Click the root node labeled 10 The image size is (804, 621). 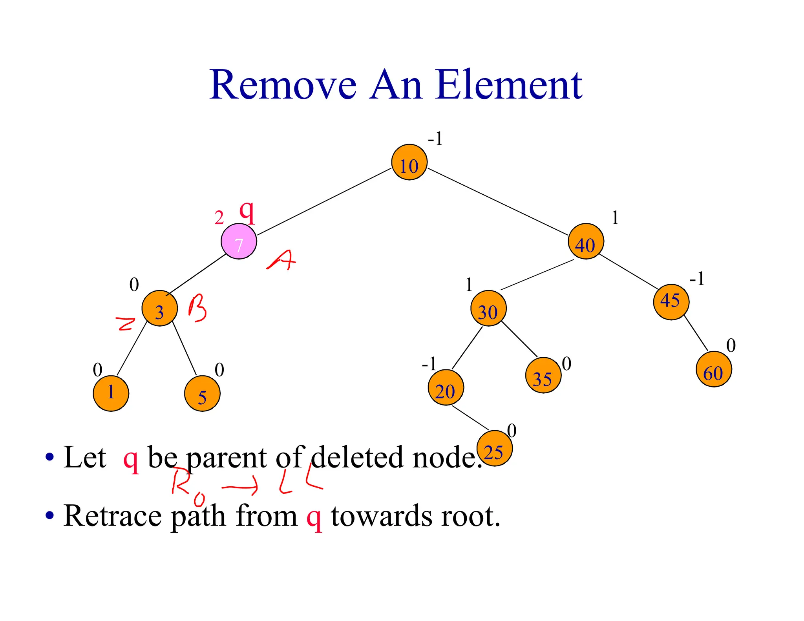tap(409, 162)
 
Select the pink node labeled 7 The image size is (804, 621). tap(239, 241)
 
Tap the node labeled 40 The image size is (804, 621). tap(586, 241)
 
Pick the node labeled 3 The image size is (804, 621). tap(159, 309)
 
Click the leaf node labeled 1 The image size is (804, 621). tap(111, 393)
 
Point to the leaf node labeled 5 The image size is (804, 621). tap(202, 394)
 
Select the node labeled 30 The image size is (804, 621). tap(488, 309)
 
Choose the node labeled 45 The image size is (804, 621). tap(671, 302)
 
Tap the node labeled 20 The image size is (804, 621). tap(446, 387)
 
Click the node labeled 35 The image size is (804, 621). tap(543, 375)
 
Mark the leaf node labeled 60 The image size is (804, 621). tap(714, 369)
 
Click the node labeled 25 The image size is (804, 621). tap(494, 448)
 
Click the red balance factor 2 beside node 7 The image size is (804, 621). tap(219, 218)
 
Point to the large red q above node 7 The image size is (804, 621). tap(247, 212)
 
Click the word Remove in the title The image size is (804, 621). tap(283, 85)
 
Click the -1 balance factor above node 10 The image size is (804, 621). tap(435, 139)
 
